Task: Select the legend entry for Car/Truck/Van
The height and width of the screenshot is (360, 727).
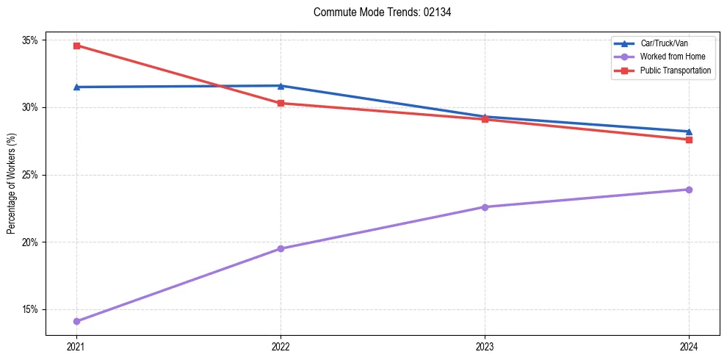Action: coord(664,43)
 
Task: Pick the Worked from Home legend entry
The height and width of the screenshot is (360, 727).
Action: coord(671,57)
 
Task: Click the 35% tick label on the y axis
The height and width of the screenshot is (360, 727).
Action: coord(31,40)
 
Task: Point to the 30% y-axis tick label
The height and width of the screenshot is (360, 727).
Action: coord(31,107)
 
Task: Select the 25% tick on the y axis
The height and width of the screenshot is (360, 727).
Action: coord(31,175)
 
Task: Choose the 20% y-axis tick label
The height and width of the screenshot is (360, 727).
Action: coord(31,242)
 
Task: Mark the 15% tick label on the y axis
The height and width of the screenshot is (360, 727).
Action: coord(31,309)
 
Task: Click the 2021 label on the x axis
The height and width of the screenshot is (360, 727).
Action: coord(76,346)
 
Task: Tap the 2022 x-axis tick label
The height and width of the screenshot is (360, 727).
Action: coord(281,346)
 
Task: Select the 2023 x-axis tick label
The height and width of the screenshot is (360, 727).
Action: coord(485,346)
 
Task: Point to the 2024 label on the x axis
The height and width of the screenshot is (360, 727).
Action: coord(689,346)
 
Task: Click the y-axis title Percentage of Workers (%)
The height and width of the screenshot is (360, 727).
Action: coord(12,183)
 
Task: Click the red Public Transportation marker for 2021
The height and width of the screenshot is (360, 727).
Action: coord(76,46)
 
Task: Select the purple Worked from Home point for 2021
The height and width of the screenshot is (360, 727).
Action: coord(76,321)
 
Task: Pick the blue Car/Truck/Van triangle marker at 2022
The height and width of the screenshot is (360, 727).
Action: coord(281,86)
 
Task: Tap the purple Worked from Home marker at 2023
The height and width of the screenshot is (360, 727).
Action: coord(485,207)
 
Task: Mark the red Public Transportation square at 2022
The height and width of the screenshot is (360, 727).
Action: coord(281,103)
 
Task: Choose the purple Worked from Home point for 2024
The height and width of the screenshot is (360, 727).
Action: coord(689,190)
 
